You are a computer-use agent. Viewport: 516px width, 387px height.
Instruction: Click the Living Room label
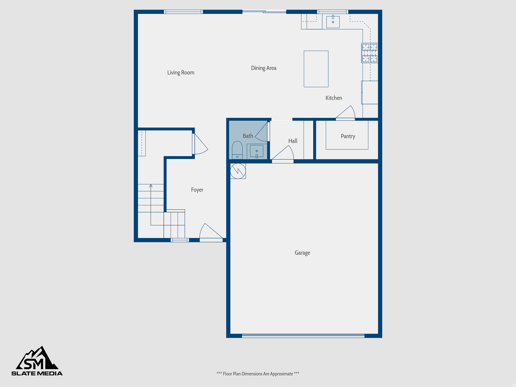pos(181,73)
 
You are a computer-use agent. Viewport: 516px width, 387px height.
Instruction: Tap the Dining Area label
pos(264,68)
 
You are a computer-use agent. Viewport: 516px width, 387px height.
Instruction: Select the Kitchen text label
pos(334,98)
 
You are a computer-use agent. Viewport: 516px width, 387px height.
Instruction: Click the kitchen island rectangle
pos(316,69)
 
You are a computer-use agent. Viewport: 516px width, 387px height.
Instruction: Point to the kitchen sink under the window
pos(333,22)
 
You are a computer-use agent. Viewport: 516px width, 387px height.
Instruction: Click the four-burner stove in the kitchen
pos(370,53)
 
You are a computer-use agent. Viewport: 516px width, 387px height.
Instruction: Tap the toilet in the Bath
pos(237,150)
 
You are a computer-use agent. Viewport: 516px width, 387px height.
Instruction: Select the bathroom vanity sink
pos(256,151)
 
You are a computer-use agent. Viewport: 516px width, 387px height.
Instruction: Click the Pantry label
pos(348,136)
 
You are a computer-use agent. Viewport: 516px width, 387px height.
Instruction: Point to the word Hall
pos(293,141)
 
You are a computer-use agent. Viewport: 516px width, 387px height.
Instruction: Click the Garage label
pos(302,253)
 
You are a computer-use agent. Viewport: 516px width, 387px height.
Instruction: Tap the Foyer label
pos(197,190)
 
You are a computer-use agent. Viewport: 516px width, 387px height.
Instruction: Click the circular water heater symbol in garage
pos(238,171)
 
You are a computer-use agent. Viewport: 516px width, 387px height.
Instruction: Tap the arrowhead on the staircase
pos(151,186)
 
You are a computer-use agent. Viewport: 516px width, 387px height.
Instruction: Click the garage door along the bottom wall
pos(303,336)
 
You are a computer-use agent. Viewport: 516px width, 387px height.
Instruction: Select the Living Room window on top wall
pos(183,12)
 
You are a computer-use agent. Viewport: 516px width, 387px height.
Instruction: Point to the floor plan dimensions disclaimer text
pos(258,374)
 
